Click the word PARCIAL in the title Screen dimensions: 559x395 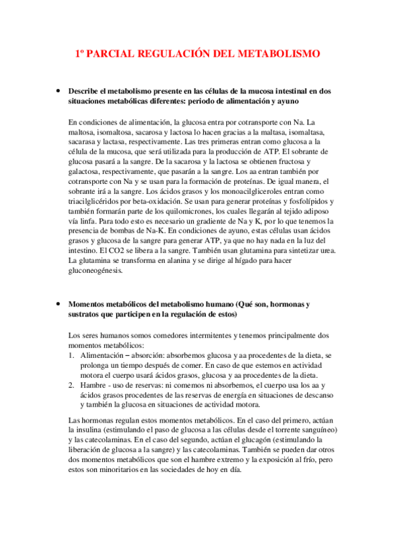click(111, 53)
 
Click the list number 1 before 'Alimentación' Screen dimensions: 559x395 click(71, 355)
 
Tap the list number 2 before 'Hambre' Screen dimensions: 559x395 click(71, 385)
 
